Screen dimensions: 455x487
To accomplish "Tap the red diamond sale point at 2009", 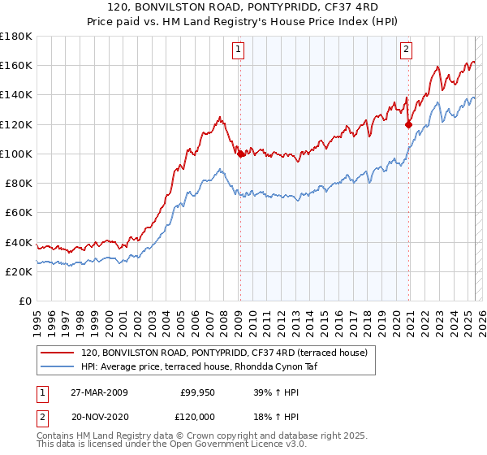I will [240, 154].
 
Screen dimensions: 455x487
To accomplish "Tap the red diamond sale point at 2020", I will [409, 124].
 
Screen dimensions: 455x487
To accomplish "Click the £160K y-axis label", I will [16, 65].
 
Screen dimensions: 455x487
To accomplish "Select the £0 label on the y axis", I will [27, 301].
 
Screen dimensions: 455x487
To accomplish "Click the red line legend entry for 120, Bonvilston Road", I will [225, 353].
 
